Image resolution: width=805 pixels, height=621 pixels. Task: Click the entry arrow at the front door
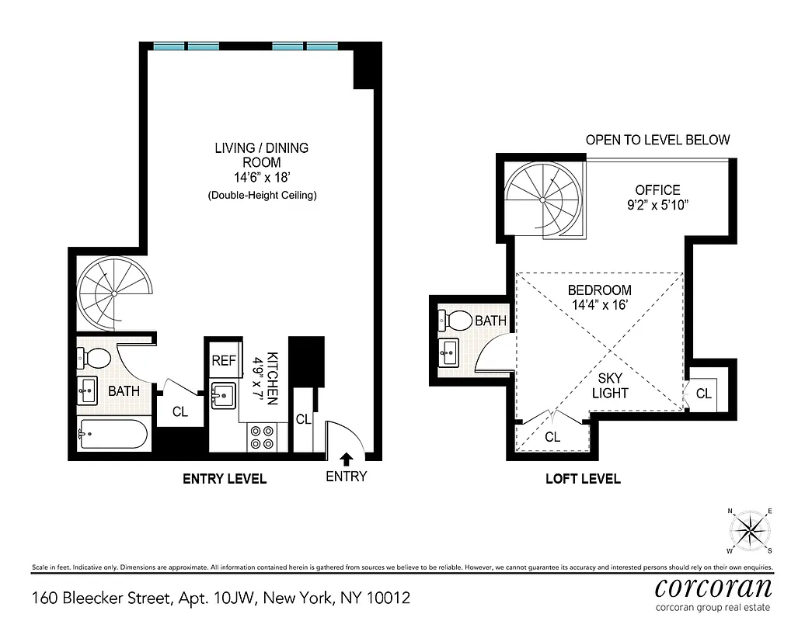click(x=346, y=460)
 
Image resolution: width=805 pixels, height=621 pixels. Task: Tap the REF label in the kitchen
click(x=224, y=360)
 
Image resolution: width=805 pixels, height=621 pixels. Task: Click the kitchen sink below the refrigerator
click(x=224, y=395)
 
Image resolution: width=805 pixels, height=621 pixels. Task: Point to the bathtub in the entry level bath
click(x=113, y=434)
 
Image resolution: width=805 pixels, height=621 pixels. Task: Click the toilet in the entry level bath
click(x=96, y=358)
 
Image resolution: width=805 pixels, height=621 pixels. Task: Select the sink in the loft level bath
click(x=449, y=353)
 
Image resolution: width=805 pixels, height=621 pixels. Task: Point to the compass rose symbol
click(x=749, y=532)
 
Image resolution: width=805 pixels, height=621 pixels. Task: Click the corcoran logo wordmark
click(x=713, y=586)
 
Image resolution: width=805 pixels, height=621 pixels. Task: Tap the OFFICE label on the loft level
click(x=657, y=189)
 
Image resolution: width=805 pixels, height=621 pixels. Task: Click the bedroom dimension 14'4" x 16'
click(x=600, y=305)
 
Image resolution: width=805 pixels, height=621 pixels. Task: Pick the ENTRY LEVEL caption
click(x=225, y=479)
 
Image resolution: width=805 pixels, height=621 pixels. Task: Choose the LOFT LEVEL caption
click(x=583, y=479)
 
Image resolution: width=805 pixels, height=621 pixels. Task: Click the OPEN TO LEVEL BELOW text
click(x=657, y=141)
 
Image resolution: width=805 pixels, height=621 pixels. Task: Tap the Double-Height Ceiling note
click(x=262, y=196)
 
